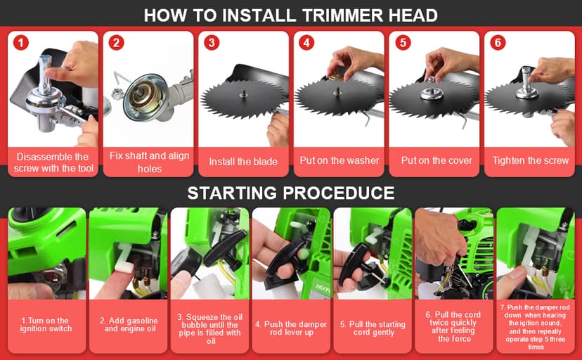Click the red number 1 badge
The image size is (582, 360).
[x=22, y=43]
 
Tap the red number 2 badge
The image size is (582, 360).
[x=117, y=43]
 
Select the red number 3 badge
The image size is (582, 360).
[x=212, y=43]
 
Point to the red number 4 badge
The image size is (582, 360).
[x=306, y=43]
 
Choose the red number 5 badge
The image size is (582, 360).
[x=402, y=43]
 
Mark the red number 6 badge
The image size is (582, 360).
[x=498, y=43]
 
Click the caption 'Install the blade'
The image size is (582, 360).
[x=243, y=162]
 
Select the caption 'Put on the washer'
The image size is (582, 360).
[x=339, y=160]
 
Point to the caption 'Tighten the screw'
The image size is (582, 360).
[x=530, y=160]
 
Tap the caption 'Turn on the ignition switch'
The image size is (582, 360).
[x=46, y=324]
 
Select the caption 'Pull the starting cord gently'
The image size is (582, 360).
[x=372, y=328]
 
